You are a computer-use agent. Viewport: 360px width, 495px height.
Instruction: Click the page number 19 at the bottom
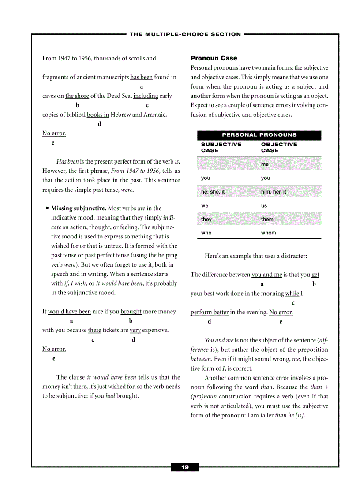click(185, 467)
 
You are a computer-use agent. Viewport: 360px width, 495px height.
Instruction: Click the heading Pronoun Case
click(214, 58)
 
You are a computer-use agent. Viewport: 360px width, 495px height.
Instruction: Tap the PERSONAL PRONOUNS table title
click(259, 135)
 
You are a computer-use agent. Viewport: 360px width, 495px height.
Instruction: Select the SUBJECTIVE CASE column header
click(221, 147)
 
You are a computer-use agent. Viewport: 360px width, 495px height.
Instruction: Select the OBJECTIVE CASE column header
click(279, 147)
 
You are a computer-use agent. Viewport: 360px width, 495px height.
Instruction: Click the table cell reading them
click(267, 219)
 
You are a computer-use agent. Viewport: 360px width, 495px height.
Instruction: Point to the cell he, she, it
click(213, 192)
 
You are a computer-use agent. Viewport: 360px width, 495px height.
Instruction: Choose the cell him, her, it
click(274, 192)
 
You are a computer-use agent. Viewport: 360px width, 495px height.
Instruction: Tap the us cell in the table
click(264, 205)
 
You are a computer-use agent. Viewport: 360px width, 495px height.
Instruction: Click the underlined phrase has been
click(141, 78)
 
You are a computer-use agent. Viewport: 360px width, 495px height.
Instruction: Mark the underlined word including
click(146, 96)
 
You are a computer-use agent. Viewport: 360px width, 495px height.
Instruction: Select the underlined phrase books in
click(98, 115)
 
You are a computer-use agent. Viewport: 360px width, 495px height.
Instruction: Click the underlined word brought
click(131, 312)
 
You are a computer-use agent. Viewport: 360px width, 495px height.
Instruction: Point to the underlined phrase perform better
click(210, 313)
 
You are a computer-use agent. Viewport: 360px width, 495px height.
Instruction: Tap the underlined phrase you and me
click(266, 275)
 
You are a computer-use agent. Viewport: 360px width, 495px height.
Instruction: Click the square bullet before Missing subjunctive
click(46, 208)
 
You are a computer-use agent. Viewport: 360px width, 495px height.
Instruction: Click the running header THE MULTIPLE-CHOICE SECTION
click(185, 34)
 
